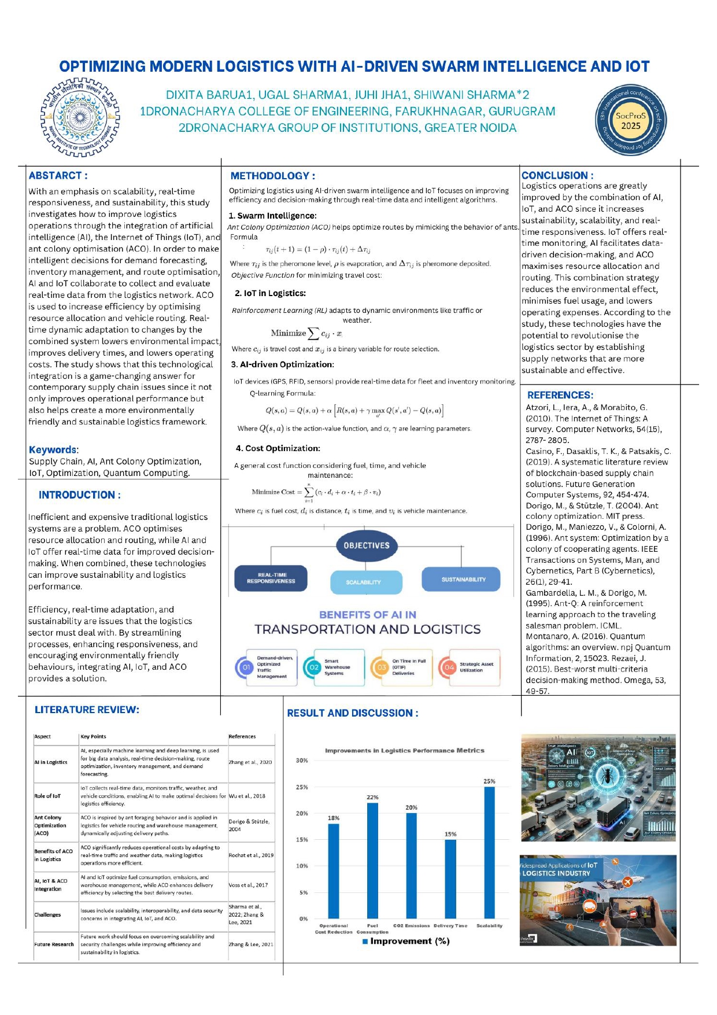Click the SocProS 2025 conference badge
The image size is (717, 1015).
(631, 120)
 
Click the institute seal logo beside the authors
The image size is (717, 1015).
(80, 118)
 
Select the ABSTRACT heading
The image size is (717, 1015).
(58, 176)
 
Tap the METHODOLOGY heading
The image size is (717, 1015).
(272, 176)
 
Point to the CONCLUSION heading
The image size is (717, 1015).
(557, 175)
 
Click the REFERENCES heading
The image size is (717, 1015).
(560, 395)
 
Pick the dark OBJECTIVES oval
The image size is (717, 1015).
(366, 545)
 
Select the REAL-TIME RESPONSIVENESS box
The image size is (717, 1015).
(271, 578)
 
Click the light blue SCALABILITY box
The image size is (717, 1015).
(365, 582)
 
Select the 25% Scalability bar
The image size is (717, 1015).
(489, 852)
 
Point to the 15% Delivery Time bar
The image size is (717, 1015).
(450, 879)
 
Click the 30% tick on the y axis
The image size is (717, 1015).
(302, 761)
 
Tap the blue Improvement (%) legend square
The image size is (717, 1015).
(365, 942)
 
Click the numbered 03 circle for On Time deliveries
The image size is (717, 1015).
(382, 667)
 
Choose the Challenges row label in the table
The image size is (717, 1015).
(47, 915)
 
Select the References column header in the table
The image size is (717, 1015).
(242, 737)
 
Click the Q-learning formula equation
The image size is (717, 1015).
(354, 411)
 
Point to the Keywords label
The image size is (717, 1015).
(53, 450)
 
